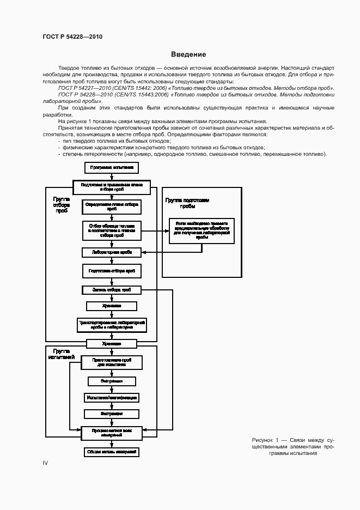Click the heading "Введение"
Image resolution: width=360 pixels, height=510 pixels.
coord(188,54)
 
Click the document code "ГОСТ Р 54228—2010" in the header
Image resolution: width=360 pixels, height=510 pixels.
coord(72,37)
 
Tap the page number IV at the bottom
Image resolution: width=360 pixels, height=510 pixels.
coord(46,463)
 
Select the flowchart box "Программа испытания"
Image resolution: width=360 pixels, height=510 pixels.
coord(112,167)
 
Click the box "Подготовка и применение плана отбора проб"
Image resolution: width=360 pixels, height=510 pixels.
coord(112,187)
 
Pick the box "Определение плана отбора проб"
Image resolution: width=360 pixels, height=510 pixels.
coord(112,207)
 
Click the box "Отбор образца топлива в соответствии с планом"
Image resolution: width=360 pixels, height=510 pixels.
coord(112,230)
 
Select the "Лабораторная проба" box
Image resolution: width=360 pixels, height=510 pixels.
coord(112,252)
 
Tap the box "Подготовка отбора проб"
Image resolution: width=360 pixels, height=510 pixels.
coord(112,270)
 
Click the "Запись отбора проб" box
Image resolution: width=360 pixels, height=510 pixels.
coord(112,290)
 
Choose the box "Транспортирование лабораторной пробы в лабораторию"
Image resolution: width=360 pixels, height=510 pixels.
coord(112,325)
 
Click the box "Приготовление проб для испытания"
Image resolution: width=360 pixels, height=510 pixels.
coord(111,362)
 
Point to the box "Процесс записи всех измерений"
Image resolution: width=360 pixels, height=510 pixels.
coord(111,433)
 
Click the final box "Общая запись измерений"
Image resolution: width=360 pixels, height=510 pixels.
coord(111,452)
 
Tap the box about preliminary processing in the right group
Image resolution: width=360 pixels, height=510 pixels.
coord(202,230)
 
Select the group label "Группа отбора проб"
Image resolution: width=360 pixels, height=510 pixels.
coord(61,205)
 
